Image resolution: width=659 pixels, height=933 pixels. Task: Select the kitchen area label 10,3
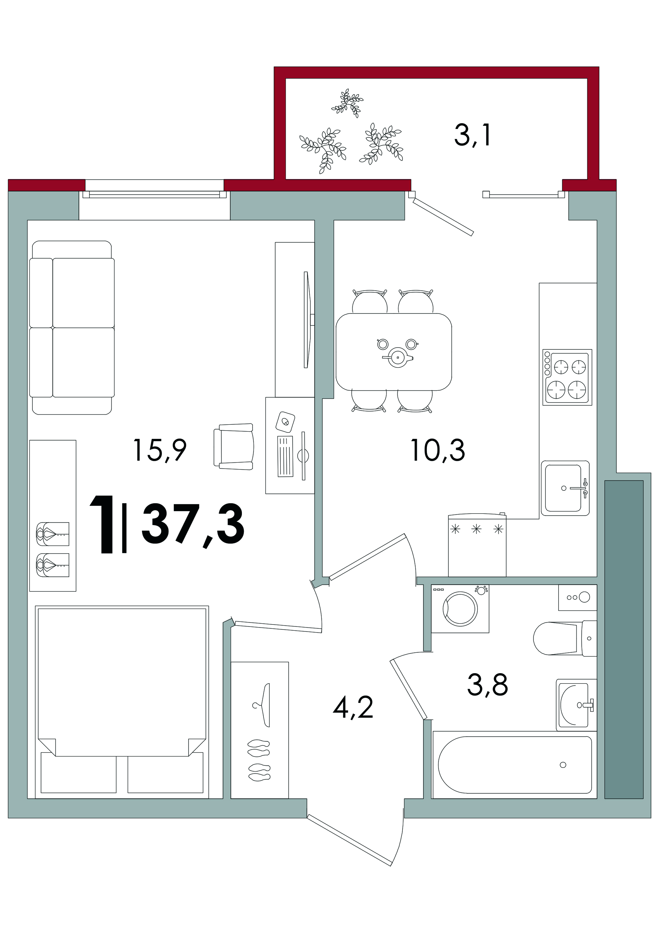pos(438,451)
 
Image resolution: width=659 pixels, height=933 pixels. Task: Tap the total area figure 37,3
pos(193,526)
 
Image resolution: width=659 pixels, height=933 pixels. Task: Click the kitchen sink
pos(565,488)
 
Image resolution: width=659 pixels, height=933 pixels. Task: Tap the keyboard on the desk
pos(285,456)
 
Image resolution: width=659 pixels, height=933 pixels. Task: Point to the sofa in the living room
pos(72,327)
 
